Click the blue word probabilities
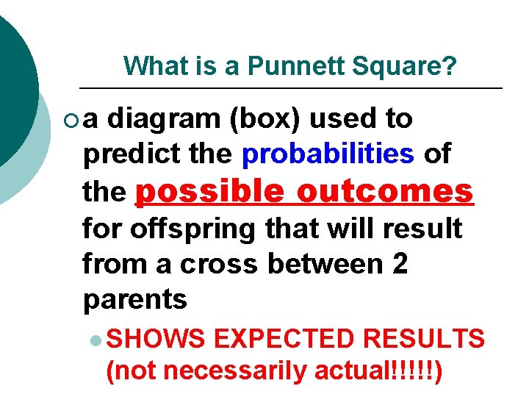328,154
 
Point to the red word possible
210,191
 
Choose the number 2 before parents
400,264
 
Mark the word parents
135,300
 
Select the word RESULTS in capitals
428,339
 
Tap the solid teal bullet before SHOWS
97,340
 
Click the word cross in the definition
220,264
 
